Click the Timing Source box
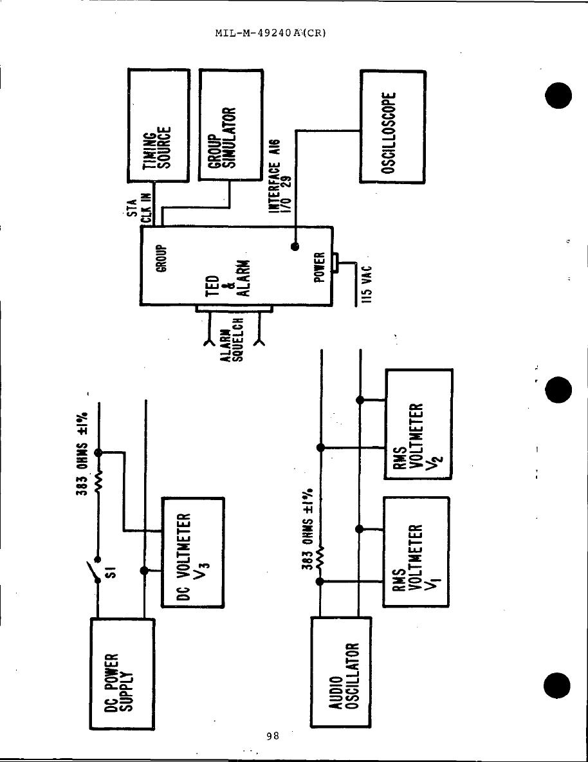[x=159, y=126]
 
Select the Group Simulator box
[x=231, y=126]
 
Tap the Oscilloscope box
[x=392, y=127]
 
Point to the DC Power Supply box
[x=121, y=673]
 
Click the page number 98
[x=272, y=736]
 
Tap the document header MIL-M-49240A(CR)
[x=271, y=32]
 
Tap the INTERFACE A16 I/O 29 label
[x=279, y=180]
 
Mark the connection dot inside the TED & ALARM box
[x=295, y=246]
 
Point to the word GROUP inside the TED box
[x=162, y=259]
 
